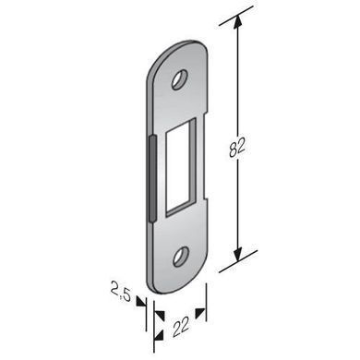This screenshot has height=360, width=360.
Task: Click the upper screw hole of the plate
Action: click(x=180, y=80)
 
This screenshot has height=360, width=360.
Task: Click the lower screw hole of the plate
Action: click(x=180, y=257)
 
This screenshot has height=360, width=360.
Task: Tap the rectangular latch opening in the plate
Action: click(x=181, y=166)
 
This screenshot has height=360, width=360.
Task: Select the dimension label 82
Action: click(x=237, y=147)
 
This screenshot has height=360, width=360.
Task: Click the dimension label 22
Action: click(x=181, y=328)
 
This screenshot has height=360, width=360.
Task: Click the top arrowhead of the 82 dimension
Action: click(x=237, y=23)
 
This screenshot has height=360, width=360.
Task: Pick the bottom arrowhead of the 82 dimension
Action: click(x=237, y=255)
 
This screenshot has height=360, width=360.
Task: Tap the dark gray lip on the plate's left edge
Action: click(x=152, y=178)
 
